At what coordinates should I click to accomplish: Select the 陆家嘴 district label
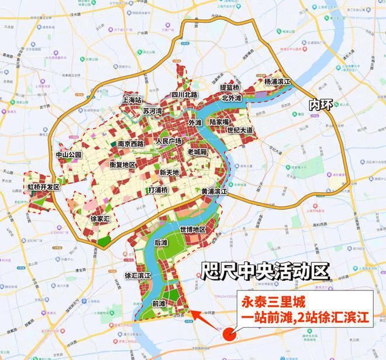click(x=223, y=122)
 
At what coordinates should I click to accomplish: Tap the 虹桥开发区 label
click(x=44, y=187)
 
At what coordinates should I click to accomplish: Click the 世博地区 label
click(x=193, y=229)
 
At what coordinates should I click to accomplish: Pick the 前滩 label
click(x=158, y=304)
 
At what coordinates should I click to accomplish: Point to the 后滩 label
click(x=160, y=242)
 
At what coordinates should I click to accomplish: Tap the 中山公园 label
click(x=68, y=155)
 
